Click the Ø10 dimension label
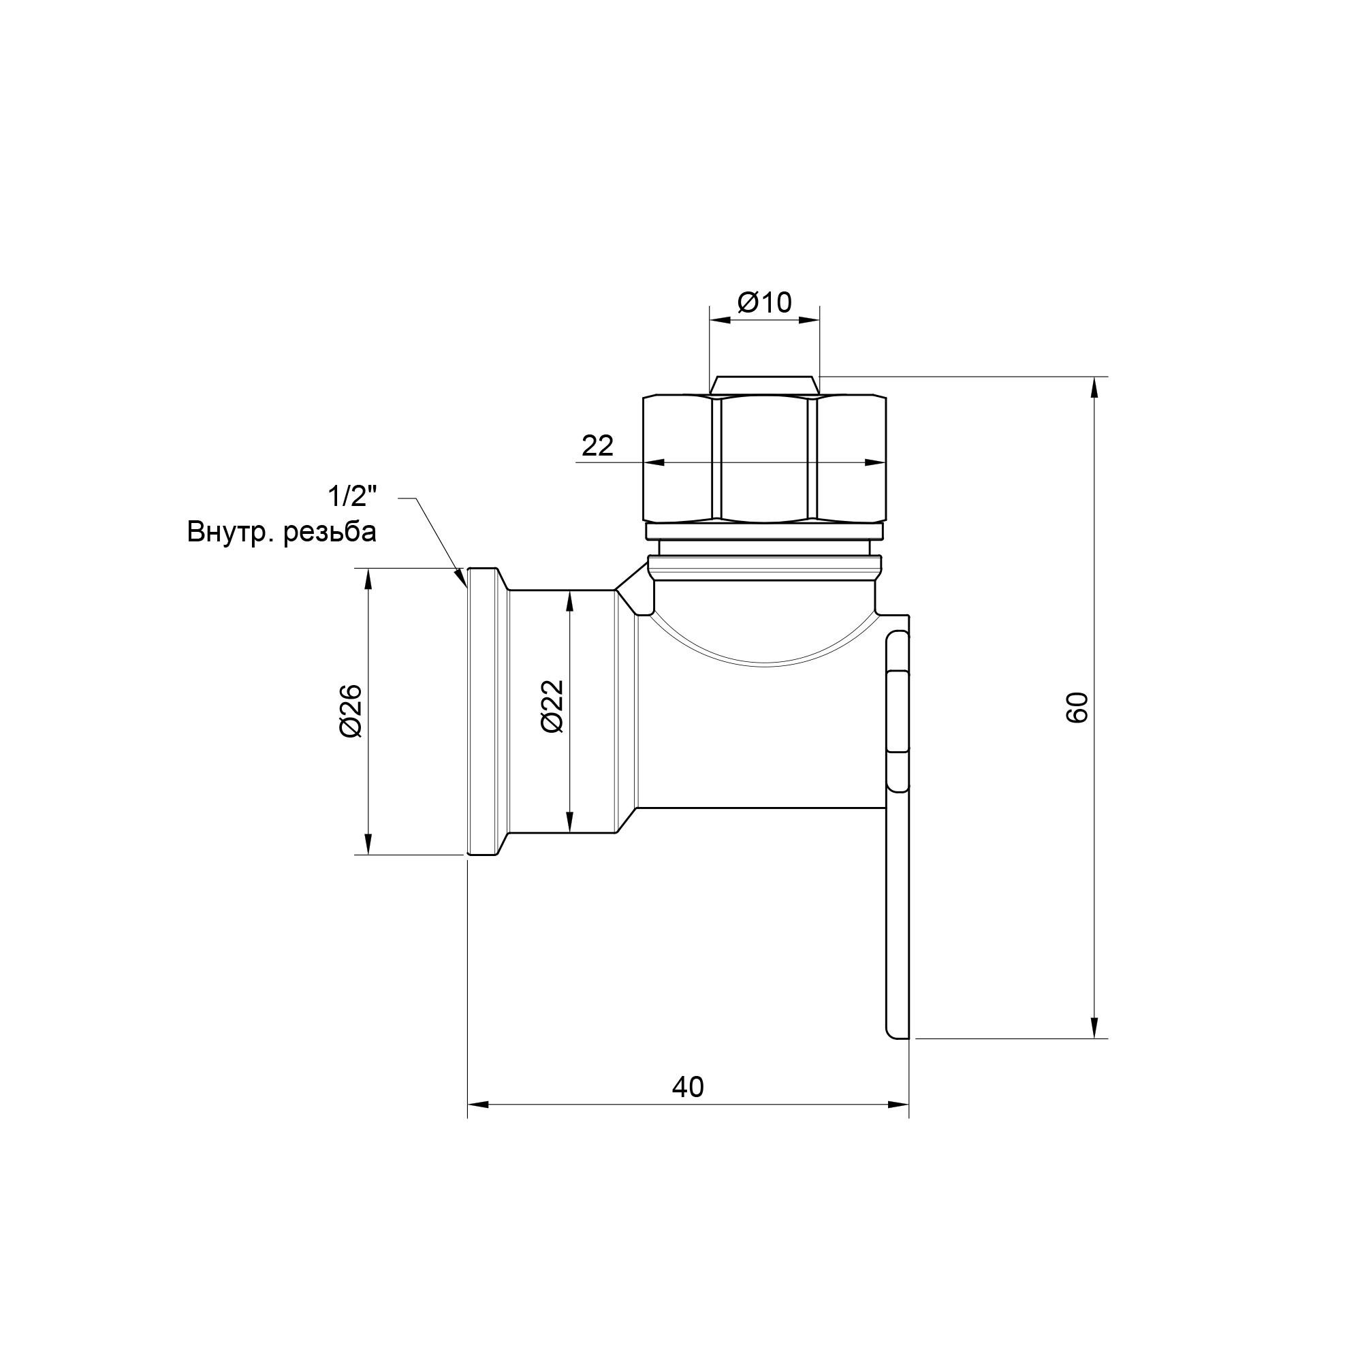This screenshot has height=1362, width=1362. tap(765, 302)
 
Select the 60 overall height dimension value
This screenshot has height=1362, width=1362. tap(1077, 707)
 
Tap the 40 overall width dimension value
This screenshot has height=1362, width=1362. tap(687, 1087)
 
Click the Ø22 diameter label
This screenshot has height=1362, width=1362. tap(554, 706)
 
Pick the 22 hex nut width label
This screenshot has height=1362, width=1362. tap(597, 445)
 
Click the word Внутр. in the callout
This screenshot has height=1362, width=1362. tap(232, 533)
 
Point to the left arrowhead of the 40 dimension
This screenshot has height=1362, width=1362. tap(478, 1104)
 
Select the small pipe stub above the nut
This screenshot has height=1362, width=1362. tap(765, 385)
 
